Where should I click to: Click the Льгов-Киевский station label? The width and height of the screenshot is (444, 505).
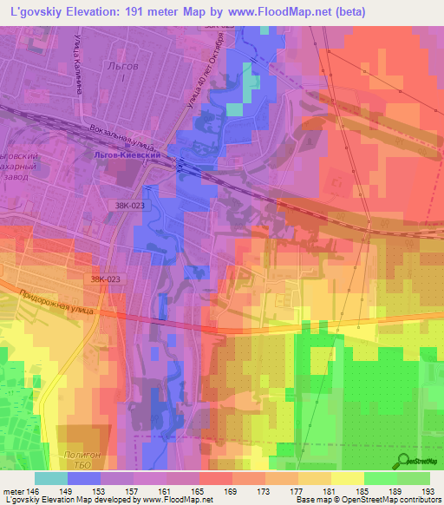(127, 155)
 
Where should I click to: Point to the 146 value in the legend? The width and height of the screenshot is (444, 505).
(33, 491)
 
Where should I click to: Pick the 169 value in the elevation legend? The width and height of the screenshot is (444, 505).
(230, 491)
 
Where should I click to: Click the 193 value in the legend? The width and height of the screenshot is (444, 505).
(428, 491)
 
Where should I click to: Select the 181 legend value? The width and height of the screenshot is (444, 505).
(329, 491)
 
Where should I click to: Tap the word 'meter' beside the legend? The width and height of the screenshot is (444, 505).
(13, 491)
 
